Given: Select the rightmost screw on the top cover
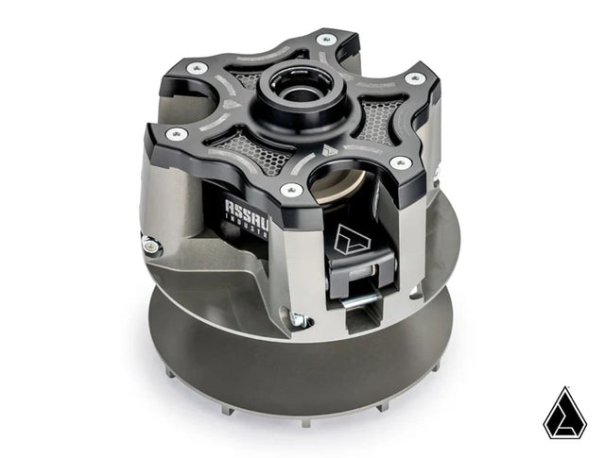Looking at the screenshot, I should point(412,78).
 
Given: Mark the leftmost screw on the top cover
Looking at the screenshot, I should point(198,68).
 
